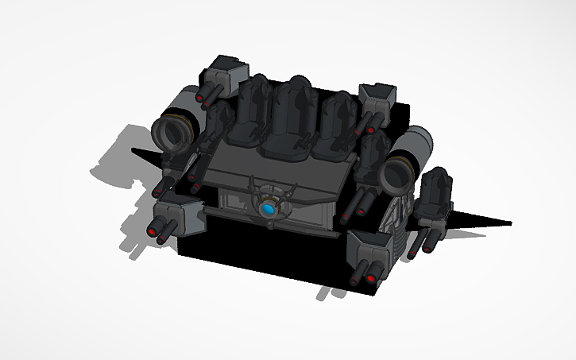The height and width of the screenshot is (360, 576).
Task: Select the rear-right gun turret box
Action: tap(377, 98)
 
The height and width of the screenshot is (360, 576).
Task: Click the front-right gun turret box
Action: tap(374, 246)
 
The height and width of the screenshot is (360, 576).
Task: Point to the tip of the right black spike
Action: tap(508, 223)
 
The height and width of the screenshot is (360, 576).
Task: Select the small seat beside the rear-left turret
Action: tap(217, 119)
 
